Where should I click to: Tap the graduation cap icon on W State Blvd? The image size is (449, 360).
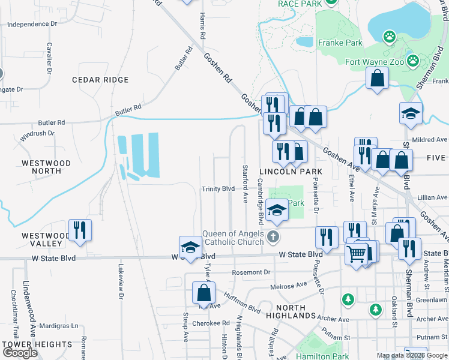[x=190, y=247]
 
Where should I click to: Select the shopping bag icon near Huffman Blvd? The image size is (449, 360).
[x=203, y=293]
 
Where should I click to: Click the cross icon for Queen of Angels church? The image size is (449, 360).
[x=273, y=236]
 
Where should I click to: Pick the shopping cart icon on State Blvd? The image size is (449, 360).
[x=357, y=254]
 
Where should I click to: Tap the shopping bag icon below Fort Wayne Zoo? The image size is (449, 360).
[x=377, y=78]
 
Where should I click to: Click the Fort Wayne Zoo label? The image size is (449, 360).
[x=373, y=61]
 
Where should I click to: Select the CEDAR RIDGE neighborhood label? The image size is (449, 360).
[x=100, y=80]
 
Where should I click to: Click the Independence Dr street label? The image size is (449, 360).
[x=31, y=25]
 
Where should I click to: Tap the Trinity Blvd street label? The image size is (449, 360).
[x=218, y=188]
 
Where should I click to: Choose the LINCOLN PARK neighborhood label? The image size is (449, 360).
[x=291, y=172]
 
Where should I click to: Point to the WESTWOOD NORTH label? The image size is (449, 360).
[x=46, y=167]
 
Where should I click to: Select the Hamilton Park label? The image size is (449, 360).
[x=323, y=356]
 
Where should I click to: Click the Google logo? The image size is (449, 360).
[x=20, y=353]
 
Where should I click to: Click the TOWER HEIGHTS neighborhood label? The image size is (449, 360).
[x=37, y=344]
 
